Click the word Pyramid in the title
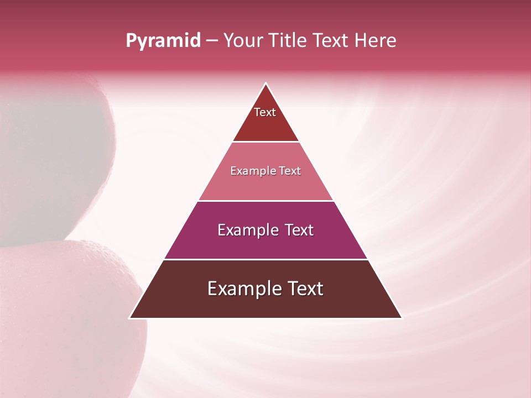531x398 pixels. [163, 41]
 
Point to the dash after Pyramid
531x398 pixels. [212, 41]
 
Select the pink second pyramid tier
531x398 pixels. [265, 185]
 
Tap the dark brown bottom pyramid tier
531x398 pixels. [265, 304]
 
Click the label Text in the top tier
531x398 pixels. [265, 112]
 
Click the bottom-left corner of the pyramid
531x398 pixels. [130, 318]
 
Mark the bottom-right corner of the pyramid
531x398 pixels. [402, 318]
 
